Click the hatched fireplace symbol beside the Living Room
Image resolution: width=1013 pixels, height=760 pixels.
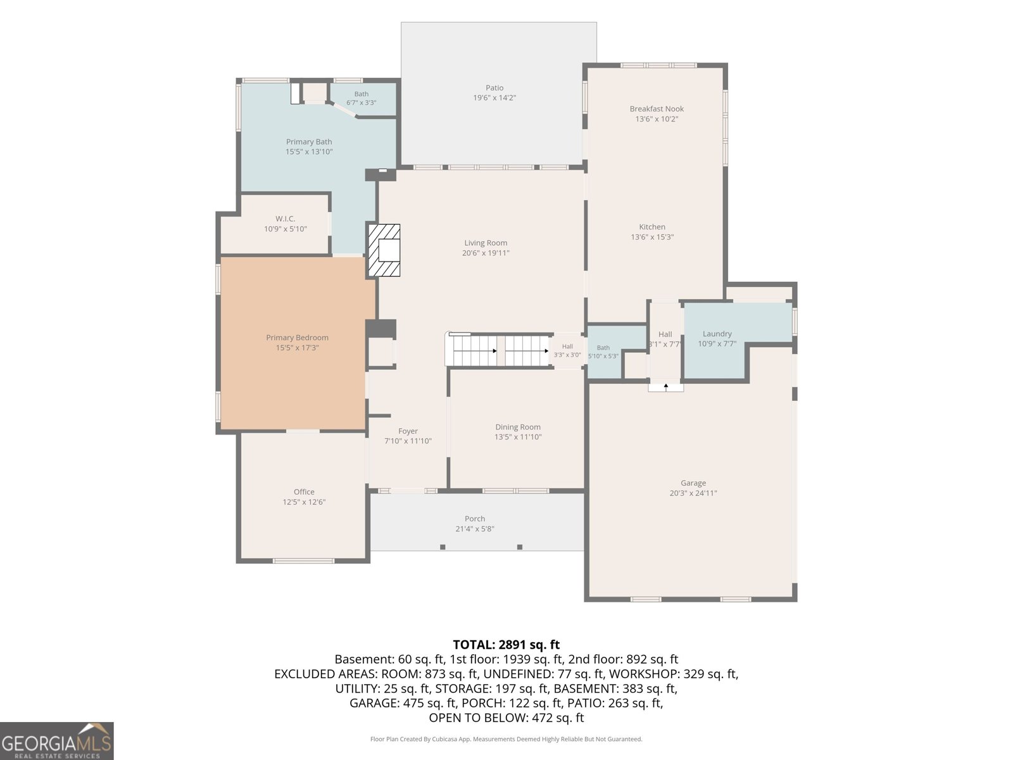coord(384,250)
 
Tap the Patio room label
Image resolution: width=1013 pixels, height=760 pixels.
coord(494,87)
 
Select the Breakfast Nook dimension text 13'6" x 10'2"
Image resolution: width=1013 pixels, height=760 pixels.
coord(657,119)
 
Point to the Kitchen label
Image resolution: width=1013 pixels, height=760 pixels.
coord(651,227)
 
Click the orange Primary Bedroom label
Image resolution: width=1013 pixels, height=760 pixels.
coord(297,338)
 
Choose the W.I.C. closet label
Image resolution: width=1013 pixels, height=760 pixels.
coord(285,218)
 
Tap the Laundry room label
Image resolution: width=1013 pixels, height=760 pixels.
coord(717,334)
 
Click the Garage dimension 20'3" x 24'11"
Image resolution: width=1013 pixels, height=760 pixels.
coord(693,493)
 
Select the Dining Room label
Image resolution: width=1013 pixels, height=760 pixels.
coord(518,427)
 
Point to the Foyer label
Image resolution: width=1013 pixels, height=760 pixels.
coord(408,431)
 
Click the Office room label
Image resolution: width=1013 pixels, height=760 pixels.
coord(304,492)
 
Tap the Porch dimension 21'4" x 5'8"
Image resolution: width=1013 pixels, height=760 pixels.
coord(474,529)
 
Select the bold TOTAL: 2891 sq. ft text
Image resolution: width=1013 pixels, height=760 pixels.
coord(506,645)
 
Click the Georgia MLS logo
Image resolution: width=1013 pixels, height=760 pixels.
coord(57,741)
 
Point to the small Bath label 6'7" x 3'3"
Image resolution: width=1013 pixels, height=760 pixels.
coord(362,98)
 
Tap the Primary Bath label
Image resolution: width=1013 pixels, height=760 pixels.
coord(309,142)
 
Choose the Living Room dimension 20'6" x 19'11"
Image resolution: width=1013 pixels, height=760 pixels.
coord(486,253)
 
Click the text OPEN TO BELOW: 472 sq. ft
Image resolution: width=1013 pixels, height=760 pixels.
coord(507,718)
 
